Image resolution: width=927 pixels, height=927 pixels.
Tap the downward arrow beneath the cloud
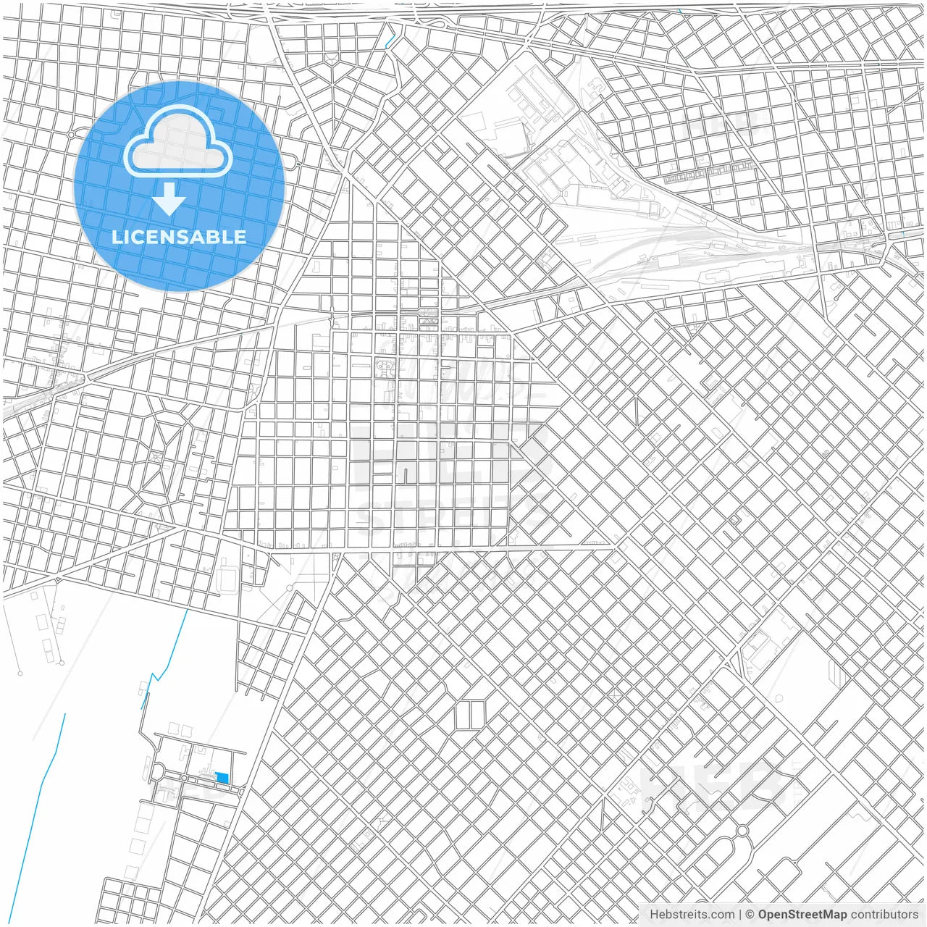[x=169, y=200]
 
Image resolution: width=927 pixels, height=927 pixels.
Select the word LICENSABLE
[x=179, y=237]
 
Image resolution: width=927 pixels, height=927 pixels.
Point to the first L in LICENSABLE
[x=117, y=237]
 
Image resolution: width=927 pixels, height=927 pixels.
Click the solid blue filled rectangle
[x=222, y=778]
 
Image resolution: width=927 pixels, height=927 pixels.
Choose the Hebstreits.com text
[x=692, y=915]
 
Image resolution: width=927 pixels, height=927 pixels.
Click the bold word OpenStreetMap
[x=802, y=915]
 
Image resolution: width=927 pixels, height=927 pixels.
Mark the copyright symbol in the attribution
[x=750, y=915]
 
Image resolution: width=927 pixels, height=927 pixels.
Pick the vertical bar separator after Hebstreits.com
[x=739, y=915]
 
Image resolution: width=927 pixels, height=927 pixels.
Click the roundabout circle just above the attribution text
[x=742, y=831]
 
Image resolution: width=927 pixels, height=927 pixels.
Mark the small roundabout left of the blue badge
[x=71, y=135]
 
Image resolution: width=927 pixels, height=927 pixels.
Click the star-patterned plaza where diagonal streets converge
[x=156, y=456]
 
